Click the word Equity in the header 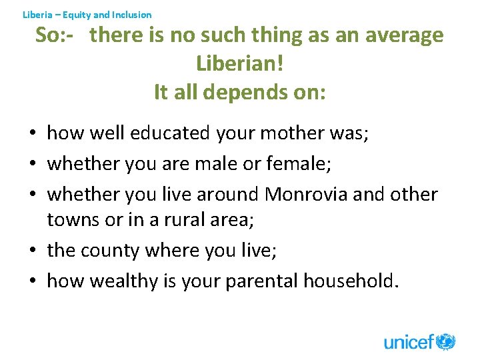[76, 14]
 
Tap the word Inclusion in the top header [131, 14]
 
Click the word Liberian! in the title [240, 63]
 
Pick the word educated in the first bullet [170, 134]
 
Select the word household [351, 281]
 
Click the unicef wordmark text [409, 343]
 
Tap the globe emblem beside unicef [446, 341]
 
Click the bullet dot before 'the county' [33, 251]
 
